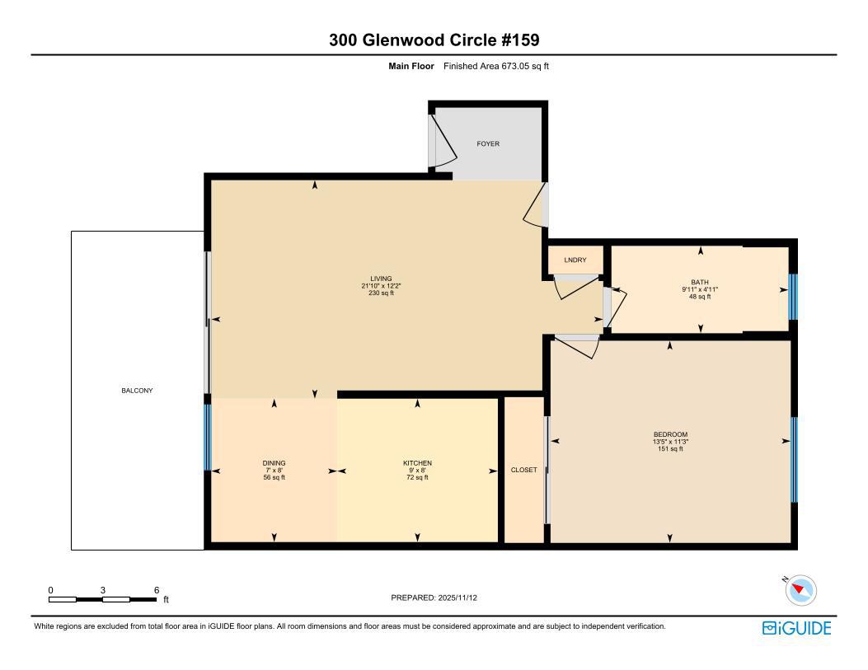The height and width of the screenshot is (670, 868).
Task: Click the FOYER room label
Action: [x=488, y=144]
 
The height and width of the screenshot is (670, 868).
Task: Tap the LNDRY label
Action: [x=575, y=260]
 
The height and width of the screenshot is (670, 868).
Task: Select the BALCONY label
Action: [x=137, y=391]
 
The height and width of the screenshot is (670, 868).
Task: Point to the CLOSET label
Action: [x=523, y=470]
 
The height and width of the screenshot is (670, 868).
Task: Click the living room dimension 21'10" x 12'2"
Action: [x=381, y=286]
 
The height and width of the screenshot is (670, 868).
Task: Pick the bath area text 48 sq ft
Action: [x=700, y=297]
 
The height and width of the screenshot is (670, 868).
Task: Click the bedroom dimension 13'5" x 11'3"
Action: [x=670, y=442]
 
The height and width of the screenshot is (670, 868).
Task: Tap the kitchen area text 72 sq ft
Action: [x=417, y=477]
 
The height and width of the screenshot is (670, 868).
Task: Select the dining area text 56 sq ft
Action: [x=274, y=477]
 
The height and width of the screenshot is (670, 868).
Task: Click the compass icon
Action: [x=800, y=590]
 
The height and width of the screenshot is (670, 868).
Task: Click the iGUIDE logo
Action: [x=796, y=628]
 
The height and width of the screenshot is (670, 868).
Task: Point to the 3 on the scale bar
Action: [x=103, y=590]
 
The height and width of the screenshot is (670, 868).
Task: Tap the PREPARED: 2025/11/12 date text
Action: [x=434, y=597]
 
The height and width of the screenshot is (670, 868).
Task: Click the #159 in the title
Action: [x=520, y=40]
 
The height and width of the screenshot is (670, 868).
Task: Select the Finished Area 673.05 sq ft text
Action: [x=496, y=67]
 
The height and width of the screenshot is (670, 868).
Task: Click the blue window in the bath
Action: [x=793, y=297]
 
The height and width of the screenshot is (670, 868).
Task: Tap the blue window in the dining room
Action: [x=209, y=437]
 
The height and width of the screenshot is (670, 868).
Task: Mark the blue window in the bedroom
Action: [x=794, y=459]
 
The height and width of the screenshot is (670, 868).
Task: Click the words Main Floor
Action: [x=411, y=67]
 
